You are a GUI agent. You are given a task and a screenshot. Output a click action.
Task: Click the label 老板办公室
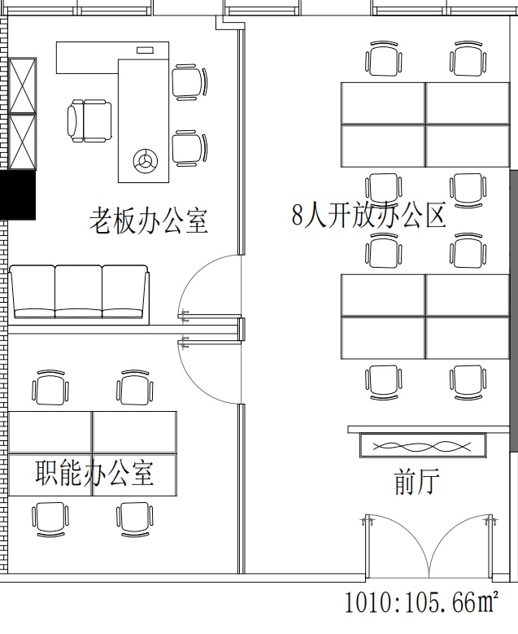point(148,221)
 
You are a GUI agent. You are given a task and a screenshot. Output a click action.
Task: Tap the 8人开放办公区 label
point(368,214)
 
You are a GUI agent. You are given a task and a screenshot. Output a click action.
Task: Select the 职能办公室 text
point(94,472)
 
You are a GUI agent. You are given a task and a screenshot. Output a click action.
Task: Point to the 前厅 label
point(416,481)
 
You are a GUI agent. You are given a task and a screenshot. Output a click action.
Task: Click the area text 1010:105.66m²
point(421,602)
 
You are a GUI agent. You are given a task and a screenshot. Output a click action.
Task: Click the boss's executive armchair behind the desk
point(89,121)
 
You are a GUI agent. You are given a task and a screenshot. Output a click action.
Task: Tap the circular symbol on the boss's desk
point(145,160)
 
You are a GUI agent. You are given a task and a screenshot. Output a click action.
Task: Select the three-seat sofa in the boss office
point(79,295)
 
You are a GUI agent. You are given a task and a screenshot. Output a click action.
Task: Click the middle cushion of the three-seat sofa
point(78,291)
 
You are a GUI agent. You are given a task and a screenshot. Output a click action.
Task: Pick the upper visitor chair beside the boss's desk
point(189,82)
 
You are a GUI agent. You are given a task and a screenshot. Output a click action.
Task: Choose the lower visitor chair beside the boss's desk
point(189,148)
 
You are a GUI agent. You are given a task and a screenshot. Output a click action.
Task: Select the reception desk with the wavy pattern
point(423,445)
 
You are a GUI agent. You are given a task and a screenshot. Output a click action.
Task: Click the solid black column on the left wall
point(18,195)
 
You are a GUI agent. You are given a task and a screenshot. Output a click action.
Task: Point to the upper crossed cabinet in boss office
point(23,85)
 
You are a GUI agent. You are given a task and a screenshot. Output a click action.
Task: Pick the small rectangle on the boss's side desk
point(145,50)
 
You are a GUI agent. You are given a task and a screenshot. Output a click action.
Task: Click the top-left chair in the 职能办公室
point(50,388)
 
